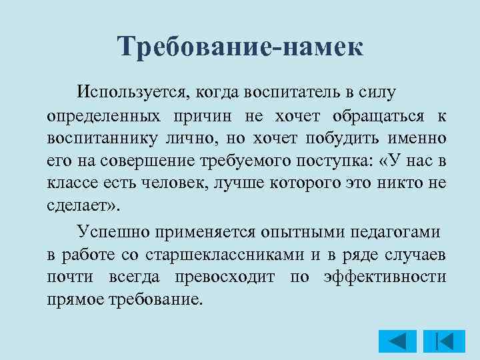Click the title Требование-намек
(240, 47)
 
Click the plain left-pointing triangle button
(397, 341)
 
